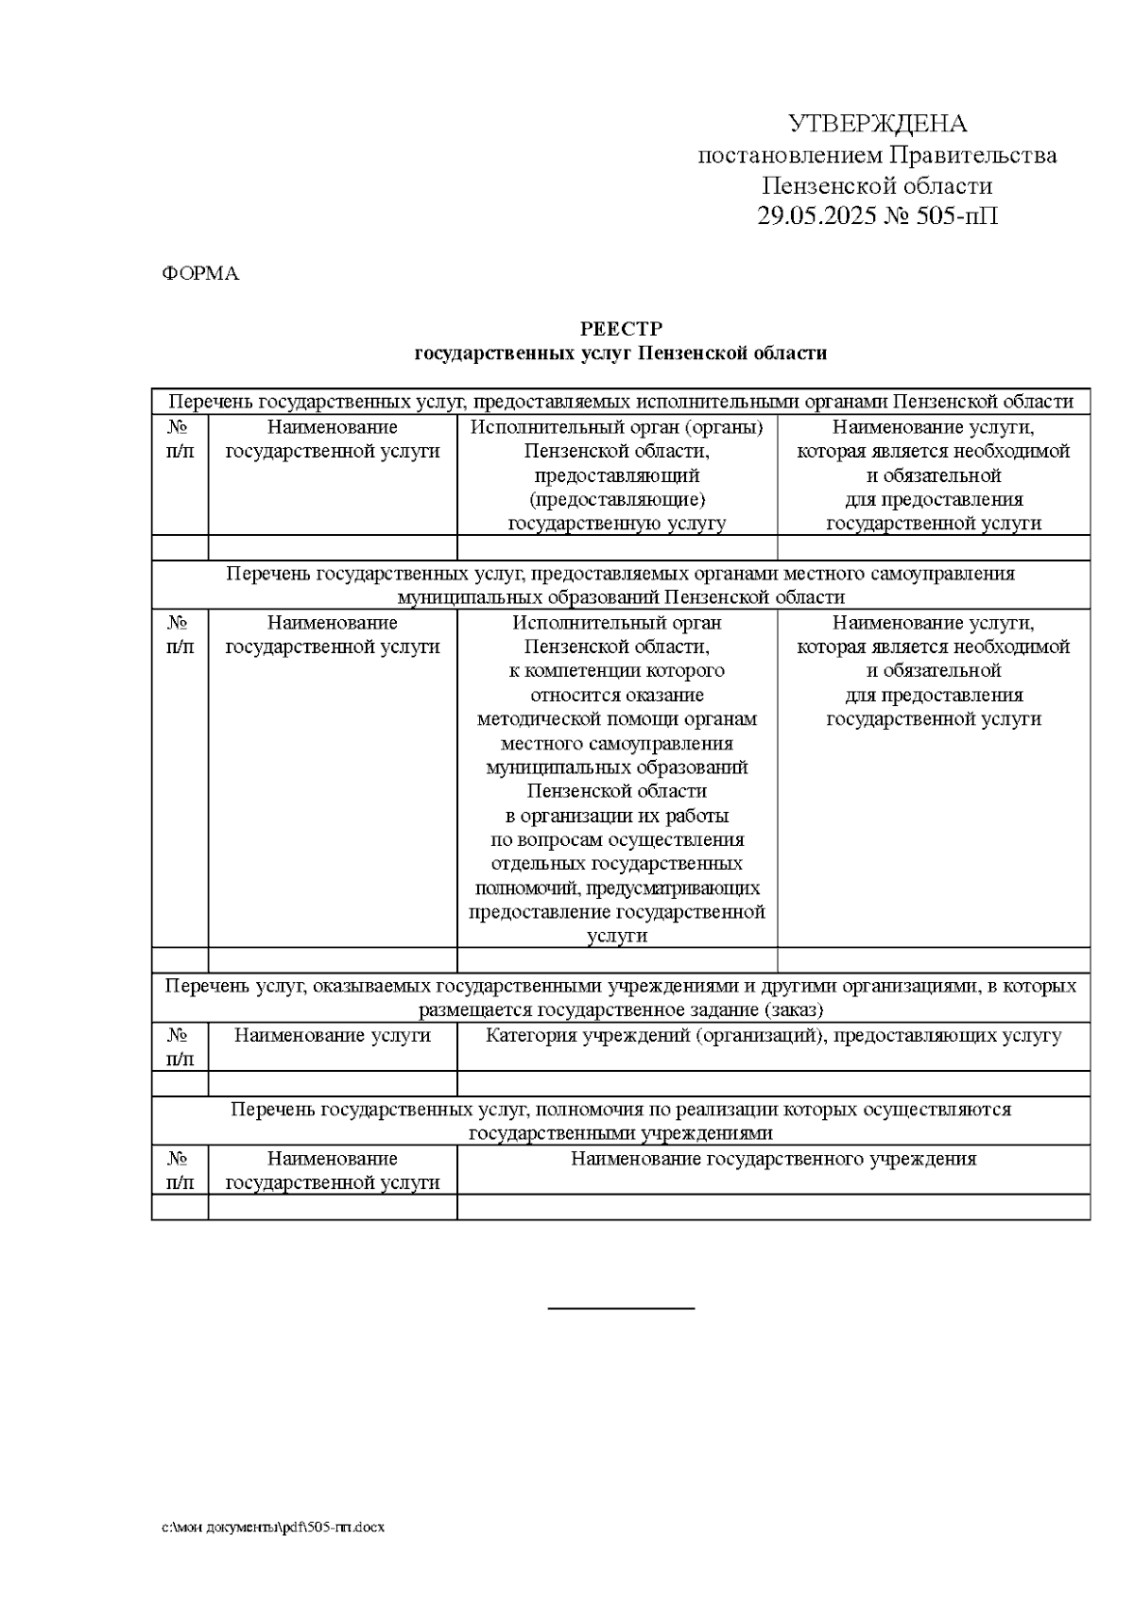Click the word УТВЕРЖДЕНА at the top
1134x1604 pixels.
pyautogui.click(x=877, y=124)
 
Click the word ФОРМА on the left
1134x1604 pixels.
pyautogui.click(x=200, y=274)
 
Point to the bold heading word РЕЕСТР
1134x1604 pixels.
pyautogui.click(x=621, y=329)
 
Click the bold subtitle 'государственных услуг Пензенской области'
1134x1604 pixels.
pyautogui.click(x=621, y=354)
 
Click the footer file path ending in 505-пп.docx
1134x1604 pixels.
pyautogui.click(x=273, y=1526)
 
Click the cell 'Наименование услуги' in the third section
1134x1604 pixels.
pyautogui.click(x=332, y=1035)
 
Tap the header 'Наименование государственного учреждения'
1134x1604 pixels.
pyautogui.click(x=773, y=1159)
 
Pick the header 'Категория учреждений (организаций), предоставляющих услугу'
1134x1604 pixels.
pyautogui.click(x=773, y=1035)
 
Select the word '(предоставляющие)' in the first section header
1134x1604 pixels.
pyautogui.click(x=617, y=499)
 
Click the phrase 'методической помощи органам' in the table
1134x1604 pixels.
pyautogui.click(x=617, y=719)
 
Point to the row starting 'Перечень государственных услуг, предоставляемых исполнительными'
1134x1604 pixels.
pyautogui.click(x=621, y=402)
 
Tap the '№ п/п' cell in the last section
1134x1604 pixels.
pyautogui.click(x=180, y=1170)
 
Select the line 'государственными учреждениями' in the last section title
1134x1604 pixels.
pyautogui.click(x=621, y=1133)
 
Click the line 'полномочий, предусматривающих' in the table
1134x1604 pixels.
pyautogui.click(x=617, y=888)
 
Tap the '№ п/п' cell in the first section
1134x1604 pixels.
pyautogui.click(x=180, y=440)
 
